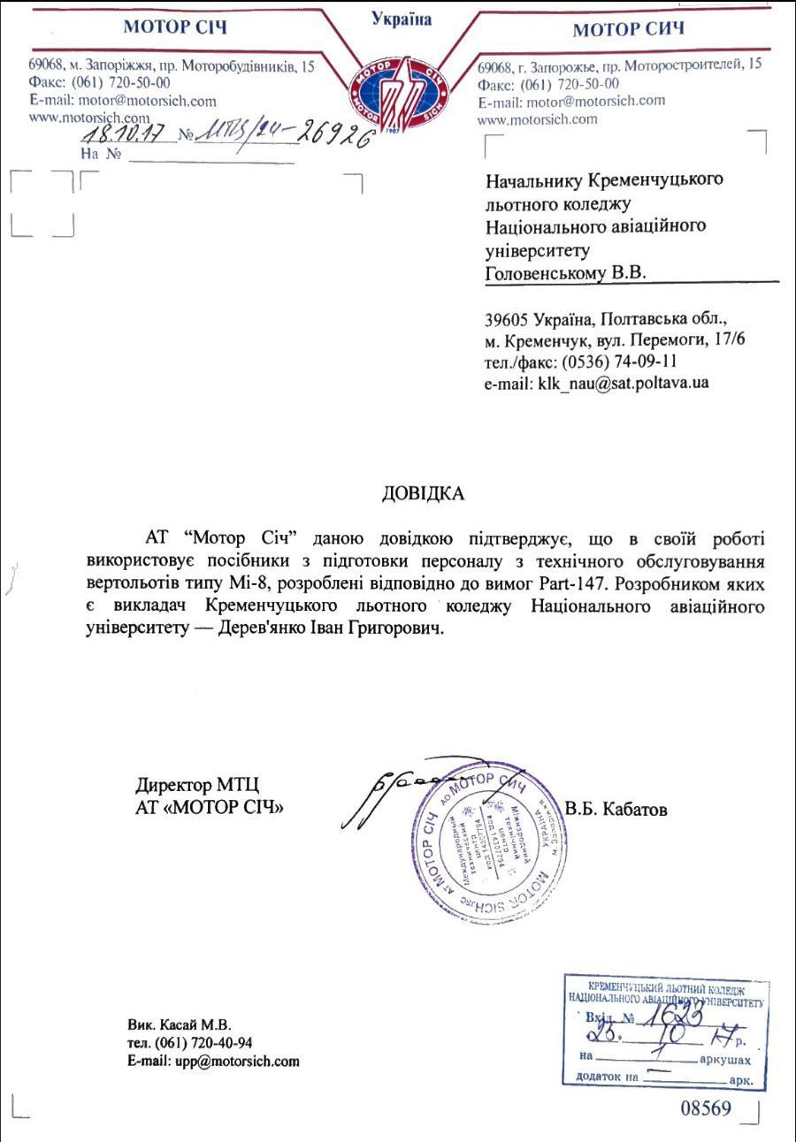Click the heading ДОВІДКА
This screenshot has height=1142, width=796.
point(423,493)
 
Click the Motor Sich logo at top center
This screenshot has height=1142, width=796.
point(401,88)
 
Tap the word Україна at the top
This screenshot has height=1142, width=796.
point(402,19)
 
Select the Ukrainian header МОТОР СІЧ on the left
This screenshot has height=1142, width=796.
point(175,27)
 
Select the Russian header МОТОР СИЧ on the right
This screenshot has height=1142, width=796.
point(628,30)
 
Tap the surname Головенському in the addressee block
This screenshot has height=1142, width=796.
point(547,274)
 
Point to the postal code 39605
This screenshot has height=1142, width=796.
point(505,318)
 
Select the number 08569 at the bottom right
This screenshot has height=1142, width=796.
point(705,1108)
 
